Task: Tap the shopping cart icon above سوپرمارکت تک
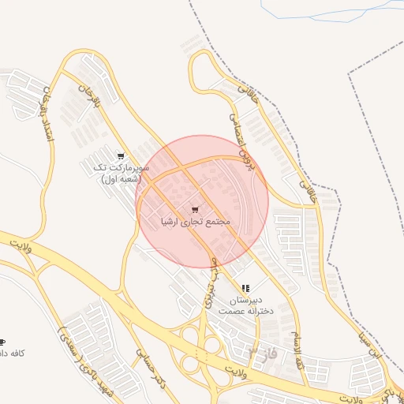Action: coord(120,155)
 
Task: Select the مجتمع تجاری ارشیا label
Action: coord(195,223)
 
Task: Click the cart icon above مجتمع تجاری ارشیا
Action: coord(195,210)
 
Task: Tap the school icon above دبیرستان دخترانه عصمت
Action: coord(246,288)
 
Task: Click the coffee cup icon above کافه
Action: coord(2,340)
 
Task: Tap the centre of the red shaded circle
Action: coord(202,201)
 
